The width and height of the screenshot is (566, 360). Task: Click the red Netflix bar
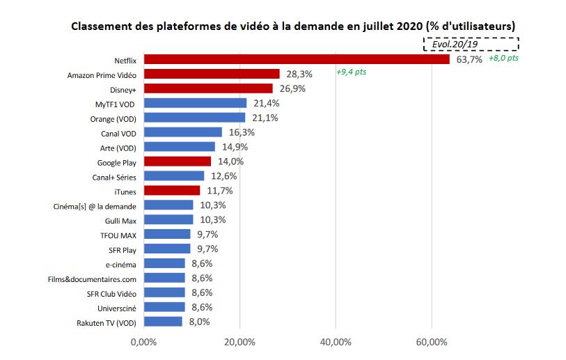click(x=296, y=59)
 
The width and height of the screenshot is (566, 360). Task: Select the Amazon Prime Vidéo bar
click(x=212, y=74)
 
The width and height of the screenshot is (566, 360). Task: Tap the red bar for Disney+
click(x=208, y=88)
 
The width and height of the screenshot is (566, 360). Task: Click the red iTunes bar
click(x=171, y=190)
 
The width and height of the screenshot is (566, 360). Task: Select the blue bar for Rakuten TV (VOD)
click(x=163, y=322)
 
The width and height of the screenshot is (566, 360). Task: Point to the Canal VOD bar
click(x=182, y=132)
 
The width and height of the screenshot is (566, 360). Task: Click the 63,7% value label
click(x=469, y=60)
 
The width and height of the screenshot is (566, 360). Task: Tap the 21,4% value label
click(x=266, y=103)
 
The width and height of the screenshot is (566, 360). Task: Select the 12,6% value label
click(x=223, y=175)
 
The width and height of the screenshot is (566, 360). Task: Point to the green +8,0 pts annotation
click(x=503, y=58)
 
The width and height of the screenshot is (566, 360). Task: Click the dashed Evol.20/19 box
click(x=470, y=44)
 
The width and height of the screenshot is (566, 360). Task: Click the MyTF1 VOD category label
click(x=116, y=103)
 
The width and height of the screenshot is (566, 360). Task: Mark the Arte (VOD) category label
click(x=116, y=147)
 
